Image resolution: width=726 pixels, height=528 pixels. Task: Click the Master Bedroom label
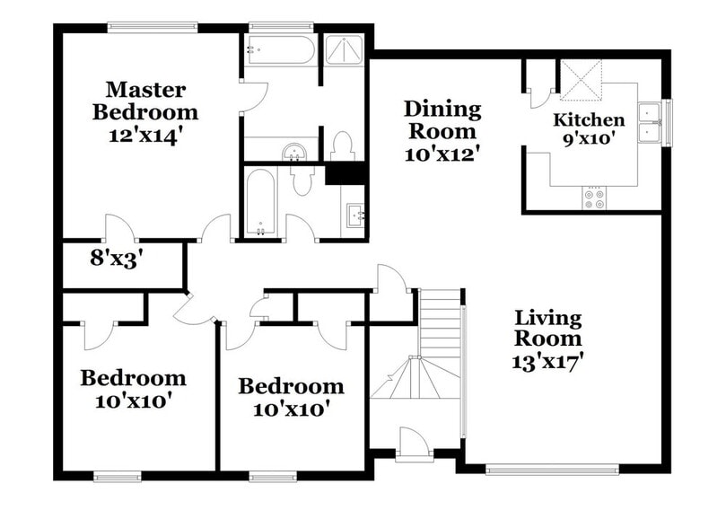point(151,101)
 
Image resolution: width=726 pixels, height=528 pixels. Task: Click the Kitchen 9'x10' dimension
point(588,139)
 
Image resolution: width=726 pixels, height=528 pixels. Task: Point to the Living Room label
point(547,329)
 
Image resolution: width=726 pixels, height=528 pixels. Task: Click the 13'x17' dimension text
point(547,361)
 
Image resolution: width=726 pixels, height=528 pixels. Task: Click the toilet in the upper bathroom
point(341,145)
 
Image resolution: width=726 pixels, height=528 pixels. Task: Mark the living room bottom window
point(551,469)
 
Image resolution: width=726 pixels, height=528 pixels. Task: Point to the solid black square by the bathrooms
point(345,173)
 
